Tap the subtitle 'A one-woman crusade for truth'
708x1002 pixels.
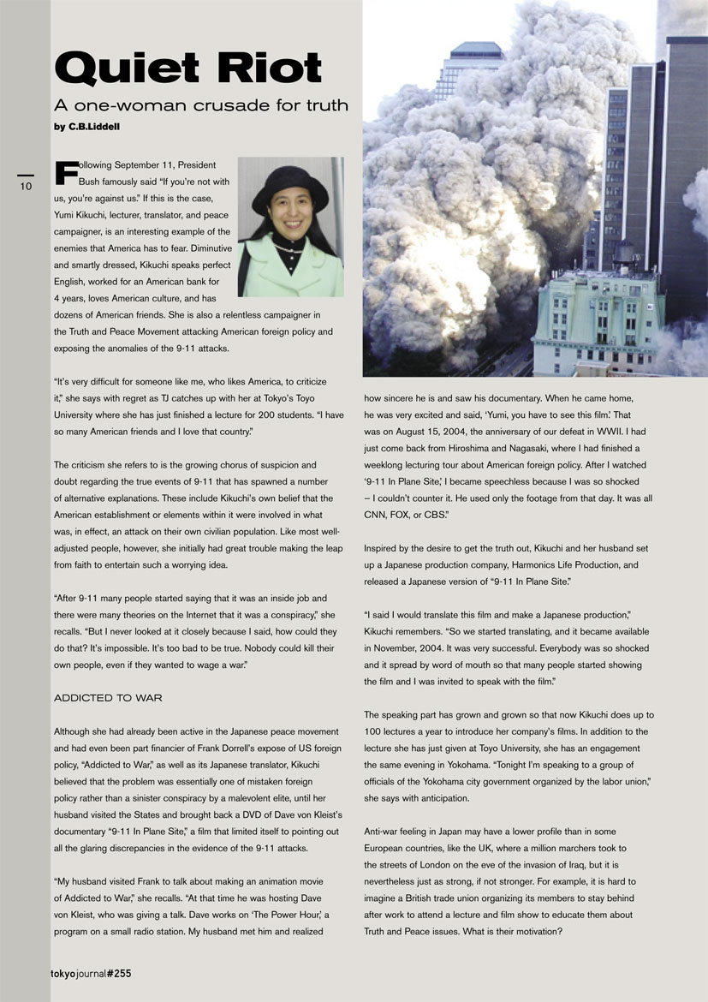click(201, 106)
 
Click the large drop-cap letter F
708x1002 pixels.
click(64, 170)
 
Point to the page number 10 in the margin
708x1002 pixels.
click(26, 186)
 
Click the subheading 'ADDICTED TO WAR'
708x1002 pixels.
click(108, 698)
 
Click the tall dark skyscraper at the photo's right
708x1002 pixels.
click(685, 154)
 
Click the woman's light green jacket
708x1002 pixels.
click(291, 274)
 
